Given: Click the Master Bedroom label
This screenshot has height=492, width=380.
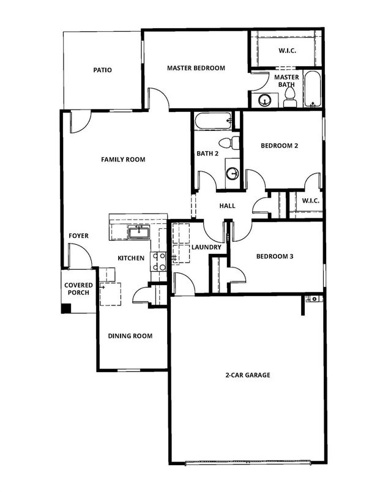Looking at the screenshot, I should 196,68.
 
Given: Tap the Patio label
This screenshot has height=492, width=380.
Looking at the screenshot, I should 102,70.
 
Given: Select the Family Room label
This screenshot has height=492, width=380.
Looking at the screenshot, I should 123,160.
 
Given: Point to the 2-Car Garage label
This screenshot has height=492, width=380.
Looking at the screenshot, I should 247,375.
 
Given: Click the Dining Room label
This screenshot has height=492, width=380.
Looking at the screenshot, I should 130,336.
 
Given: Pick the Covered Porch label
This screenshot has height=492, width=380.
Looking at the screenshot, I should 79,289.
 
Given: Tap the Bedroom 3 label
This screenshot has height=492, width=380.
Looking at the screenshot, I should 275,256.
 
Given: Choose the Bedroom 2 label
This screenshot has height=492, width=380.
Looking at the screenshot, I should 279,146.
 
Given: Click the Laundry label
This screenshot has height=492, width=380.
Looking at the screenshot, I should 206,247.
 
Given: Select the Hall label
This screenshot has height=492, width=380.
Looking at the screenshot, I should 227,206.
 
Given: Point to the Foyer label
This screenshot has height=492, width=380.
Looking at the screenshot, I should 79,235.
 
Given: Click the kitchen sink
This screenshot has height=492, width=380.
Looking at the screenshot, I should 139,231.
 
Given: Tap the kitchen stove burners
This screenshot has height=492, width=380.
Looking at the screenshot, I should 159,262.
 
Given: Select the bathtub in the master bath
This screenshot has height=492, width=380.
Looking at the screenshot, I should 312,89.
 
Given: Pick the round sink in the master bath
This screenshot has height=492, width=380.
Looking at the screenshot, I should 265,100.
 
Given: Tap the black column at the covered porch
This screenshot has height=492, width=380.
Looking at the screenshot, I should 65,307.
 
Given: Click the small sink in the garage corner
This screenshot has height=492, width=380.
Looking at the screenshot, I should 312,299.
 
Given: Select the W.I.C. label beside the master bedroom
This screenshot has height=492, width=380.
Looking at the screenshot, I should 286,51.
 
